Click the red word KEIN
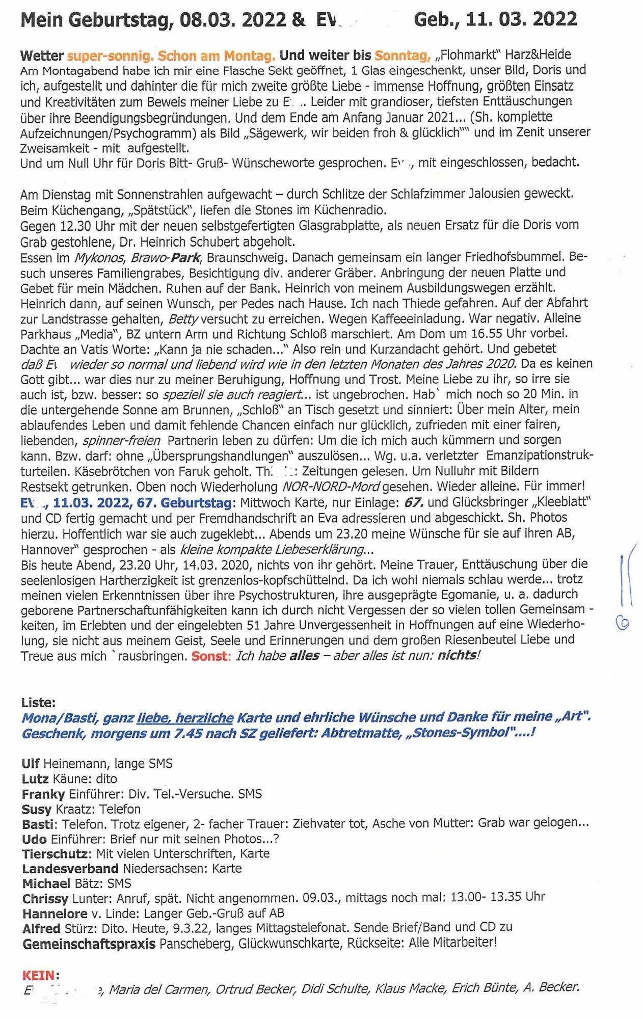39,975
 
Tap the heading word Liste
38,703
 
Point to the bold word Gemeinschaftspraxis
89,944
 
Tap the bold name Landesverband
70,868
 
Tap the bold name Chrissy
45,898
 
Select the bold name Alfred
41,928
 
